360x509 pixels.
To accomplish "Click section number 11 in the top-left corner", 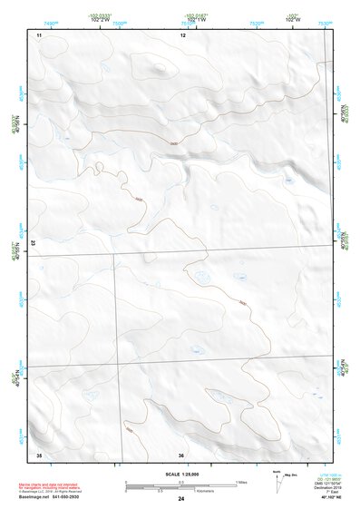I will coord(39,34).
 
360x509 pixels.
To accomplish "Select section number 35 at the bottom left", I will coord(39,454).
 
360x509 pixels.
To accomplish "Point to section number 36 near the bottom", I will coord(181,454).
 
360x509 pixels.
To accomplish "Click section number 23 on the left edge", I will coord(35,244).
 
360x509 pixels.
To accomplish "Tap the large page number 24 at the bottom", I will coord(181,498).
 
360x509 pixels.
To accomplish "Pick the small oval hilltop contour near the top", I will coord(160,66).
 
